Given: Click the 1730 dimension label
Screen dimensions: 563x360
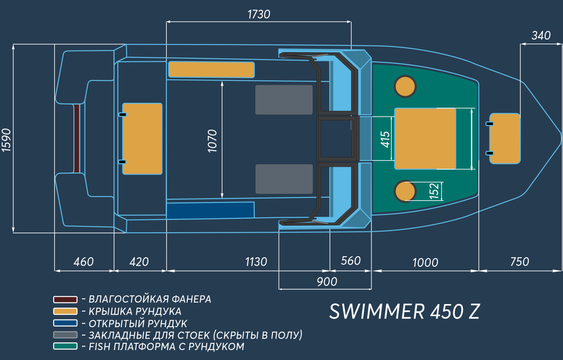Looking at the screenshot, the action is tap(259, 14).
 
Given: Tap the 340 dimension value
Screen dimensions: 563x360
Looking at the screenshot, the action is tap(541, 36).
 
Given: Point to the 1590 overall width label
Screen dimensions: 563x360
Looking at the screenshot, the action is tap(6, 140).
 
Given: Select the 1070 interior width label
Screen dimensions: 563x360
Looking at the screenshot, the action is tap(213, 141).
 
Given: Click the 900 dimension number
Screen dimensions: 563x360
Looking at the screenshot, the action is tap(327, 282).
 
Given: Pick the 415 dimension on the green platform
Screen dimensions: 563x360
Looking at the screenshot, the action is tap(385, 139).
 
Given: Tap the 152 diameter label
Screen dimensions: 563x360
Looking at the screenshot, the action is tap(434, 191).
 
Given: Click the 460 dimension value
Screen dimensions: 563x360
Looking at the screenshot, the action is tap(84, 262).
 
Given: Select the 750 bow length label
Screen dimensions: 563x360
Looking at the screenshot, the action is tap(520, 262).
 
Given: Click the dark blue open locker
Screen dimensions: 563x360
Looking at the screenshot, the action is tap(210, 210).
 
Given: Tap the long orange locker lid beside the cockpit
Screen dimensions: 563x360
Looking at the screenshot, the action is tap(211, 70).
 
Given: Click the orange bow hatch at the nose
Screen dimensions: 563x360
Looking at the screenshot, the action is tap(505, 139).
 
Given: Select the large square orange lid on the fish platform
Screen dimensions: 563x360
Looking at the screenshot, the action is tap(425, 139).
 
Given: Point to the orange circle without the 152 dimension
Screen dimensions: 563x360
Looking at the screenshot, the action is tap(405, 87).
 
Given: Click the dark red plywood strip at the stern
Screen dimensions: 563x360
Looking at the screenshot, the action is tap(77, 139).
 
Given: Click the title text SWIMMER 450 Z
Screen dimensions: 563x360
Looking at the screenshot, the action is tap(405, 311).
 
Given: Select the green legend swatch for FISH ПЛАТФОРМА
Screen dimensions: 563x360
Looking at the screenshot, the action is tap(65, 346).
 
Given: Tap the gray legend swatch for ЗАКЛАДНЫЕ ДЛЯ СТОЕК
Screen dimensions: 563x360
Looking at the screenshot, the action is tap(65, 335).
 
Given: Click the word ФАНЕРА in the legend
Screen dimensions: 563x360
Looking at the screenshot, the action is tap(191, 299).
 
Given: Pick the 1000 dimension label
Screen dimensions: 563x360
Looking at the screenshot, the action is tap(425, 263).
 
